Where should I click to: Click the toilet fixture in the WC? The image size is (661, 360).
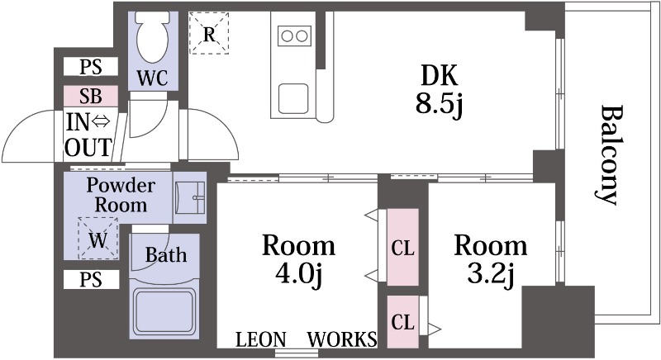153,37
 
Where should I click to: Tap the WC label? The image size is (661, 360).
153,78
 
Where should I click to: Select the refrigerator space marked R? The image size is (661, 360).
209,33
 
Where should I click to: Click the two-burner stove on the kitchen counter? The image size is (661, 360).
295,36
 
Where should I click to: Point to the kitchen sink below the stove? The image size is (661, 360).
293,98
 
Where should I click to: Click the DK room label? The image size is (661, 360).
440,76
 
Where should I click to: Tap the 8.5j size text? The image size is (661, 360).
440,103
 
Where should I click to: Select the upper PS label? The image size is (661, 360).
91,67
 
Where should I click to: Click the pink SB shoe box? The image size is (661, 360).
91,96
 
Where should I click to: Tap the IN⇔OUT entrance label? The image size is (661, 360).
88,135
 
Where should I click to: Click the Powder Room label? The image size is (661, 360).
121,195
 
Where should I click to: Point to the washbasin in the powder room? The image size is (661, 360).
190,197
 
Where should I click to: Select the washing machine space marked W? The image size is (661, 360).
97,238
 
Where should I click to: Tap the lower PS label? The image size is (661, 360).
91,280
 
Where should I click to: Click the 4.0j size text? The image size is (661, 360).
299,273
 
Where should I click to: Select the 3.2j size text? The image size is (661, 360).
491,273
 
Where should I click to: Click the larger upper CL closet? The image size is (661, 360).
403,247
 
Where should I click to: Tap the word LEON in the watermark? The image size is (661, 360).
260,339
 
